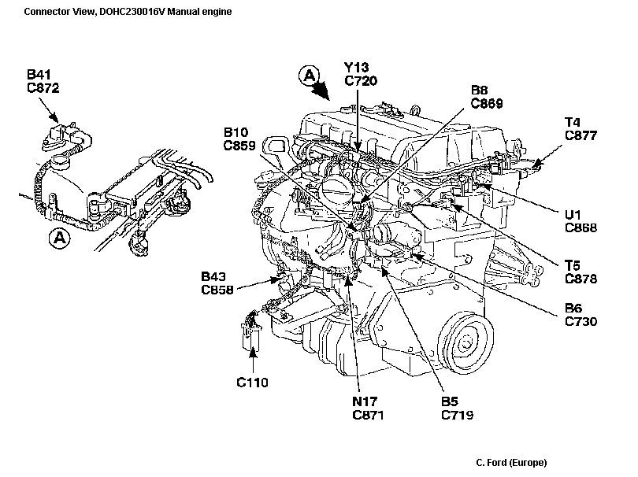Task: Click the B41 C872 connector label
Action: pyautogui.click(x=43, y=82)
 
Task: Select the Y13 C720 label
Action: pyautogui.click(x=361, y=74)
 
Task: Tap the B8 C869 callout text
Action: pyautogui.click(x=487, y=96)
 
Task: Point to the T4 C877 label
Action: pyautogui.click(x=581, y=128)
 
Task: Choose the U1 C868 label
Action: pyautogui.click(x=581, y=221)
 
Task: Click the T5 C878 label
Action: pyautogui.click(x=581, y=272)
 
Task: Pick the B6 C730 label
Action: pyautogui.click(x=581, y=315)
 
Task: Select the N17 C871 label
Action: pyautogui.click(x=368, y=408)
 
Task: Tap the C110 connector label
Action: pyautogui.click(x=253, y=383)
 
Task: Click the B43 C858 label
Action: pyautogui.click(x=217, y=283)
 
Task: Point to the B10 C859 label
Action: pyautogui.click(x=239, y=139)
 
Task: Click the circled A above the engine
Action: pyautogui.click(x=310, y=76)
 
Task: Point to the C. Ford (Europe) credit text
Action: pyautogui.click(x=511, y=462)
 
